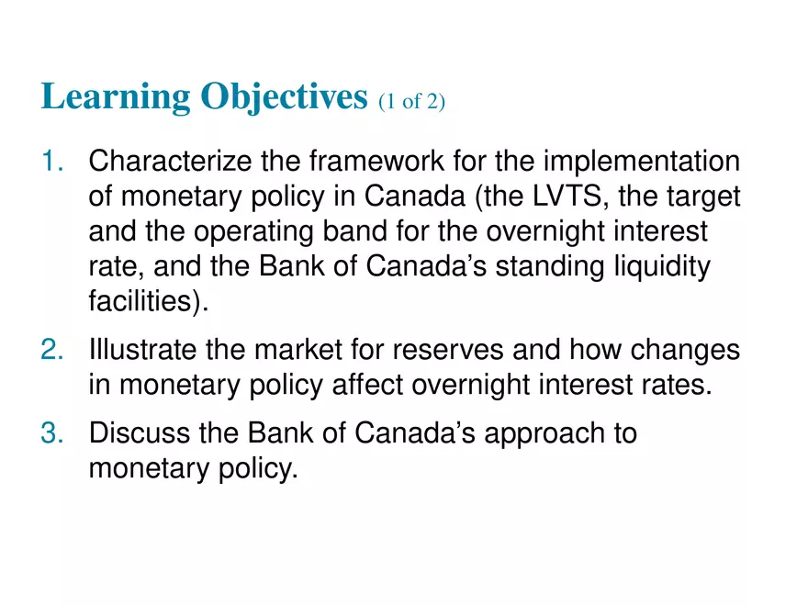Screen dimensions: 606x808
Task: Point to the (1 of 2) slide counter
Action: coord(411,101)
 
